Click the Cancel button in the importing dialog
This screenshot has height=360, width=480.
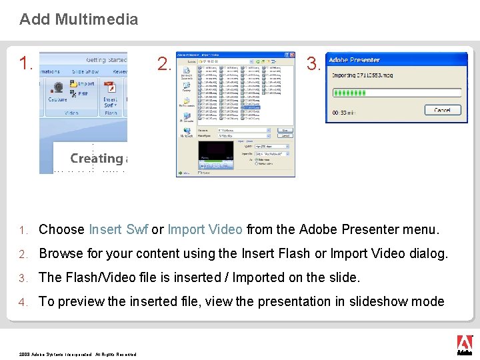(x=442, y=110)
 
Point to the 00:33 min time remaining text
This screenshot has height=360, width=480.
(x=345, y=111)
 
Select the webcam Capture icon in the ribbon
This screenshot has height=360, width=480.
(x=57, y=87)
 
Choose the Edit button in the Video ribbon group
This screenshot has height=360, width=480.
(x=81, y=94)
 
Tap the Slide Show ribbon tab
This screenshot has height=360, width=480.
(x=85, y=71)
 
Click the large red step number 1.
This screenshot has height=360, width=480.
(x=26, y=64)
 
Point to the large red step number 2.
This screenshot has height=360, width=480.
(x=163, y=64)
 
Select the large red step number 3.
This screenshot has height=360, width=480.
(x=313, y=64)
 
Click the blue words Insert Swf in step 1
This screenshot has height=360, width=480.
(x=118, y=230)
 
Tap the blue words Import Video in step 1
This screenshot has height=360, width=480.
(x=205, y=230)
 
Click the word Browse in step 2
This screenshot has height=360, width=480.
(x=61, y=254)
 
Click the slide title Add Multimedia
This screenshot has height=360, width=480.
(x=79, y=19)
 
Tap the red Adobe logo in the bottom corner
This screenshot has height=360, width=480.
(x=464, y=345)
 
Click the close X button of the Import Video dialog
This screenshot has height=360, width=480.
(x=293, y=55)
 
